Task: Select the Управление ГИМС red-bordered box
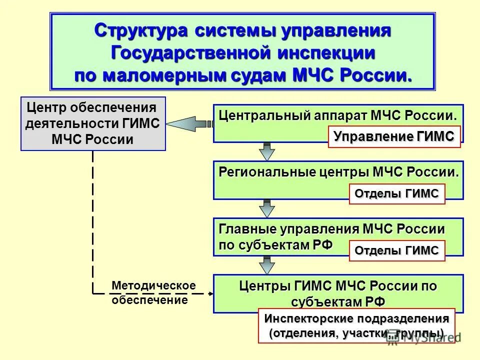tap(394, 136)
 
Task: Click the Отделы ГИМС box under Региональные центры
tap(396, 193)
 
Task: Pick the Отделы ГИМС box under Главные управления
tap(396, 250)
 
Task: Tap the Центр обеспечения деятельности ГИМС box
tap(93, 123)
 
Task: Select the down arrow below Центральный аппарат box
tap(267, 151)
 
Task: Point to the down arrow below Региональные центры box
tap(267, 208)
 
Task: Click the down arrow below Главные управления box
tap(267, 264)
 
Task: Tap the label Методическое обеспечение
tap(153, 293)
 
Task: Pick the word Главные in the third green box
tap(241, 229)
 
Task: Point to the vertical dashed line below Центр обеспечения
tap(93, 220)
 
